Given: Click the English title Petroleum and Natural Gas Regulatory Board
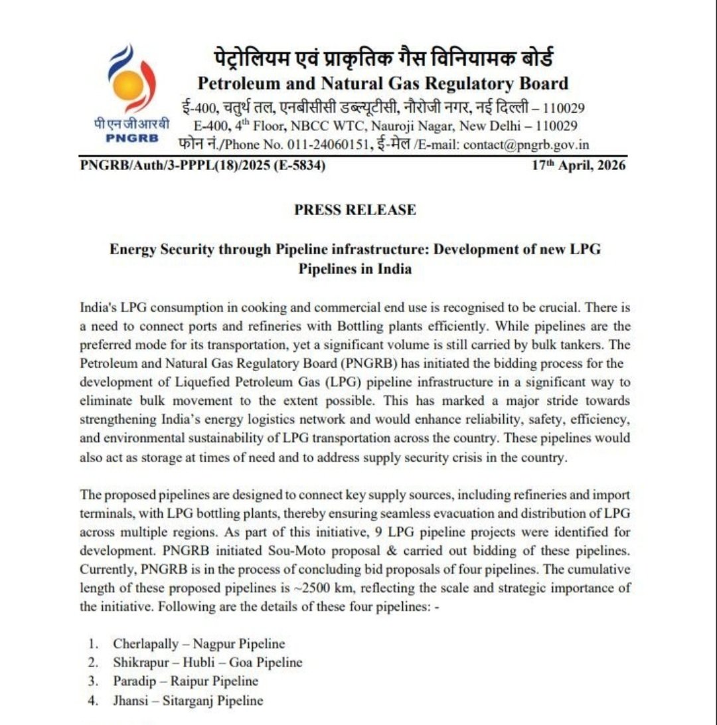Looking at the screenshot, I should (382, 84).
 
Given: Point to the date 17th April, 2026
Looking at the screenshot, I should (578, 165).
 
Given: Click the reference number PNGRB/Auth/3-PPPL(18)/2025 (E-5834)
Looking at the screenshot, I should (202, 165).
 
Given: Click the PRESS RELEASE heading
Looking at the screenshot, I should (355, 210).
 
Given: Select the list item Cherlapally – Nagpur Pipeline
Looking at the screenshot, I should (199, 643).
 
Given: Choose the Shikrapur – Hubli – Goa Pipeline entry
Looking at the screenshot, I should (207, 662).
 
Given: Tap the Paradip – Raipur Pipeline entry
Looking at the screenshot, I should (185, 681).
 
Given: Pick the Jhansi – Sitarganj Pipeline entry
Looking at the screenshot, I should (188, 700).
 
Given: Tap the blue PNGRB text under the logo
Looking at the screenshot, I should (131, 138).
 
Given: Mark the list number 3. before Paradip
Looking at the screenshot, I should (94, 681).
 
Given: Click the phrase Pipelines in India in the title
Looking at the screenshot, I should (355, 269).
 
